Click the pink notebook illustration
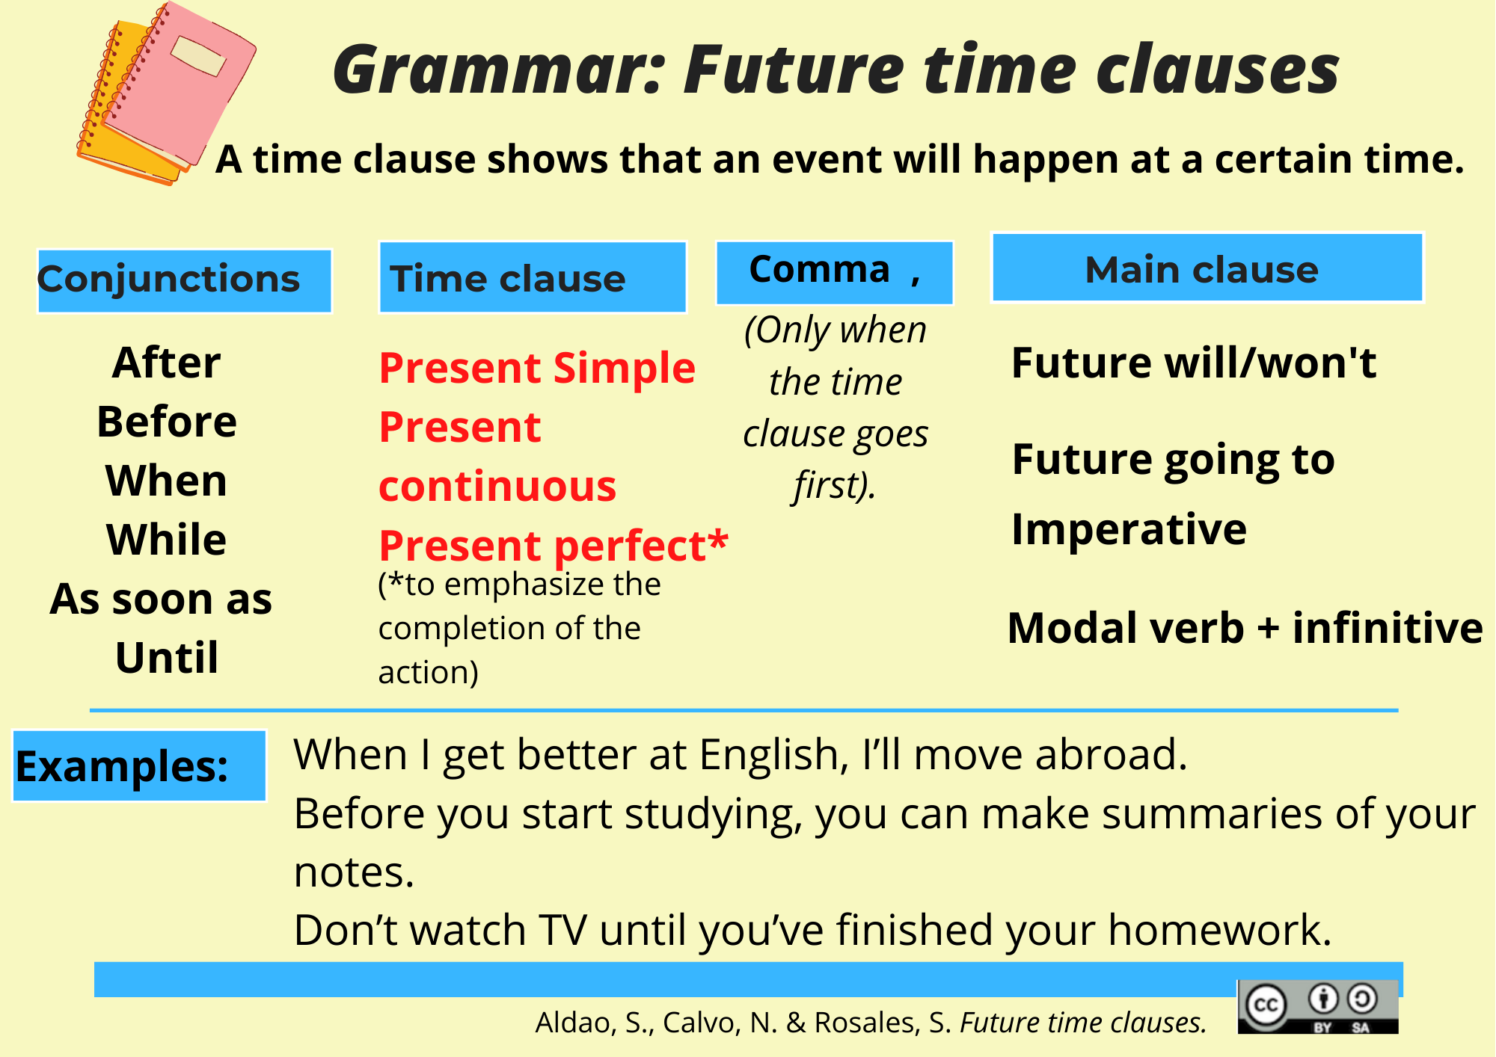(180, 82)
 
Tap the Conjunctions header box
(184, 280)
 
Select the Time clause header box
(533, 277)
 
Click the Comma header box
(835, 272)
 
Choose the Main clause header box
(1207, 268)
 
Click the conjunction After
(167, 363)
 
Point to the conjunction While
(167, 540)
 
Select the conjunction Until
(167, 658)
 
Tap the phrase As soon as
(161, 599)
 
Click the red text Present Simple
(537, 369)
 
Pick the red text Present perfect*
(554, 545)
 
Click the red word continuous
(497, 487)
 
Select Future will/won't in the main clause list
(1194, 363)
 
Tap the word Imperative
(1129, 530)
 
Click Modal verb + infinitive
(1245, 628)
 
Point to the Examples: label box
(140, 766)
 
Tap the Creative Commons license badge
(1318, 1007)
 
